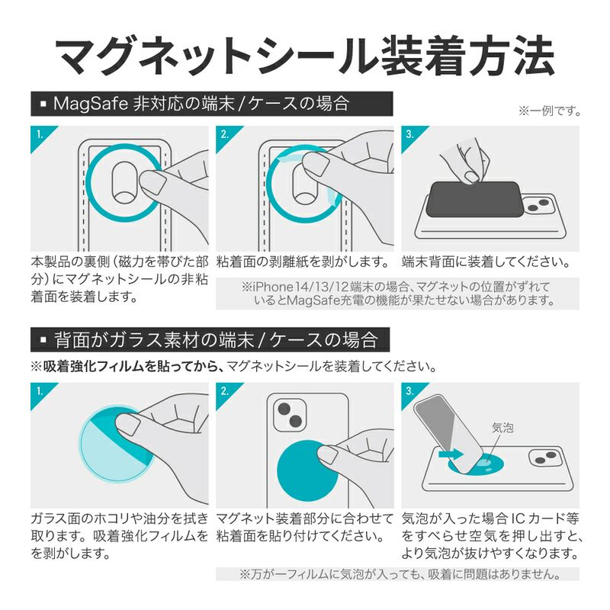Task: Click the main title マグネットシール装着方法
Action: click(306, 55)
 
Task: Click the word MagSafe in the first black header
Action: click(91, 104)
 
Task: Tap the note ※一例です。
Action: click(549, 111)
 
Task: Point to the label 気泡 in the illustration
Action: click(502, 428)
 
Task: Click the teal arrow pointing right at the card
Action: click(451, 454)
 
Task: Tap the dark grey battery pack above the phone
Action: click(474, 199)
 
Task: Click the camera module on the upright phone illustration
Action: click(290, 414)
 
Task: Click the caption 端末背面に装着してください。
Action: click(486, 262)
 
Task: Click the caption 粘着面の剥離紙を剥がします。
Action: click(302, 262)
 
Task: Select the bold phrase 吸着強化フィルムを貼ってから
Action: click(131, 366)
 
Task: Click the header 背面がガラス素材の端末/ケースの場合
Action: click(216, 339)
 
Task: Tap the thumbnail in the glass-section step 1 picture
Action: click(129, 425)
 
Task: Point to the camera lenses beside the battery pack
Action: click(538, 205)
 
